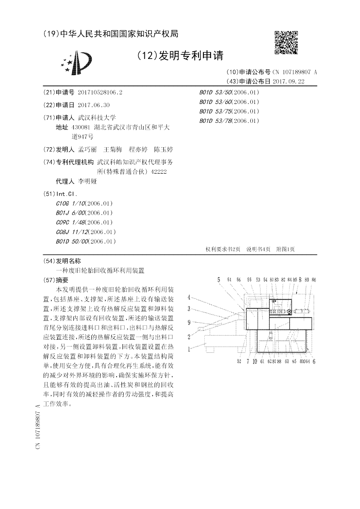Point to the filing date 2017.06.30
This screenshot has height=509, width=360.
click(94, 105)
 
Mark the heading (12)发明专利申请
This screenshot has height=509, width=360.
click(180, 56)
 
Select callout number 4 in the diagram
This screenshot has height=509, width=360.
click(189, 297)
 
